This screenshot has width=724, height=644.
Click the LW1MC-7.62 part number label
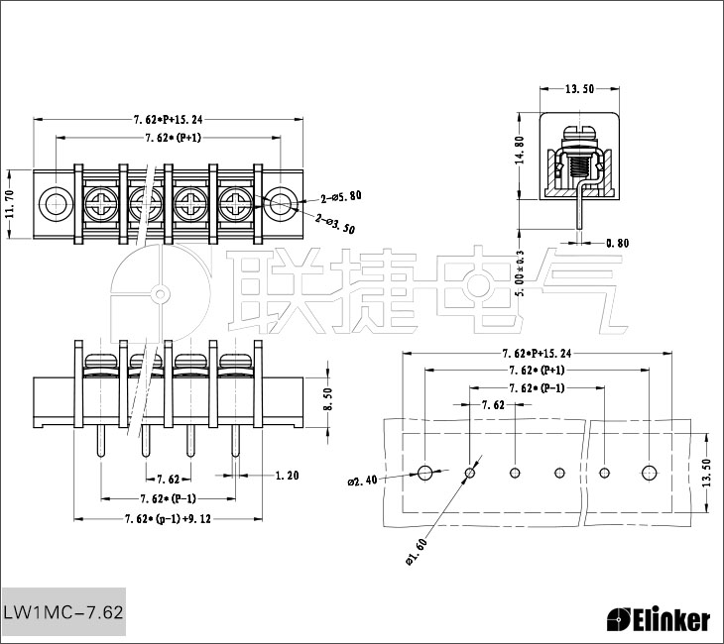tap(63, 612)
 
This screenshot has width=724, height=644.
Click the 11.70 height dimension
tap(11, 203)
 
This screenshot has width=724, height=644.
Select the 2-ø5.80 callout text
tap(341, 198)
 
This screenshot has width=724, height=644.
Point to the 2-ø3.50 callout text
tap(335, 223)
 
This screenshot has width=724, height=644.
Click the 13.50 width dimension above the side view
tap(579, 89)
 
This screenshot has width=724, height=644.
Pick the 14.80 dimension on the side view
tap(520, 150)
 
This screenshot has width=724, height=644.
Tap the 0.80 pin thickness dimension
tap(617, 243)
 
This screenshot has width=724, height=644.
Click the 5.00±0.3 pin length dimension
tap(521, 273)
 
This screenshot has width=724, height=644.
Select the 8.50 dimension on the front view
tap(327, 399)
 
